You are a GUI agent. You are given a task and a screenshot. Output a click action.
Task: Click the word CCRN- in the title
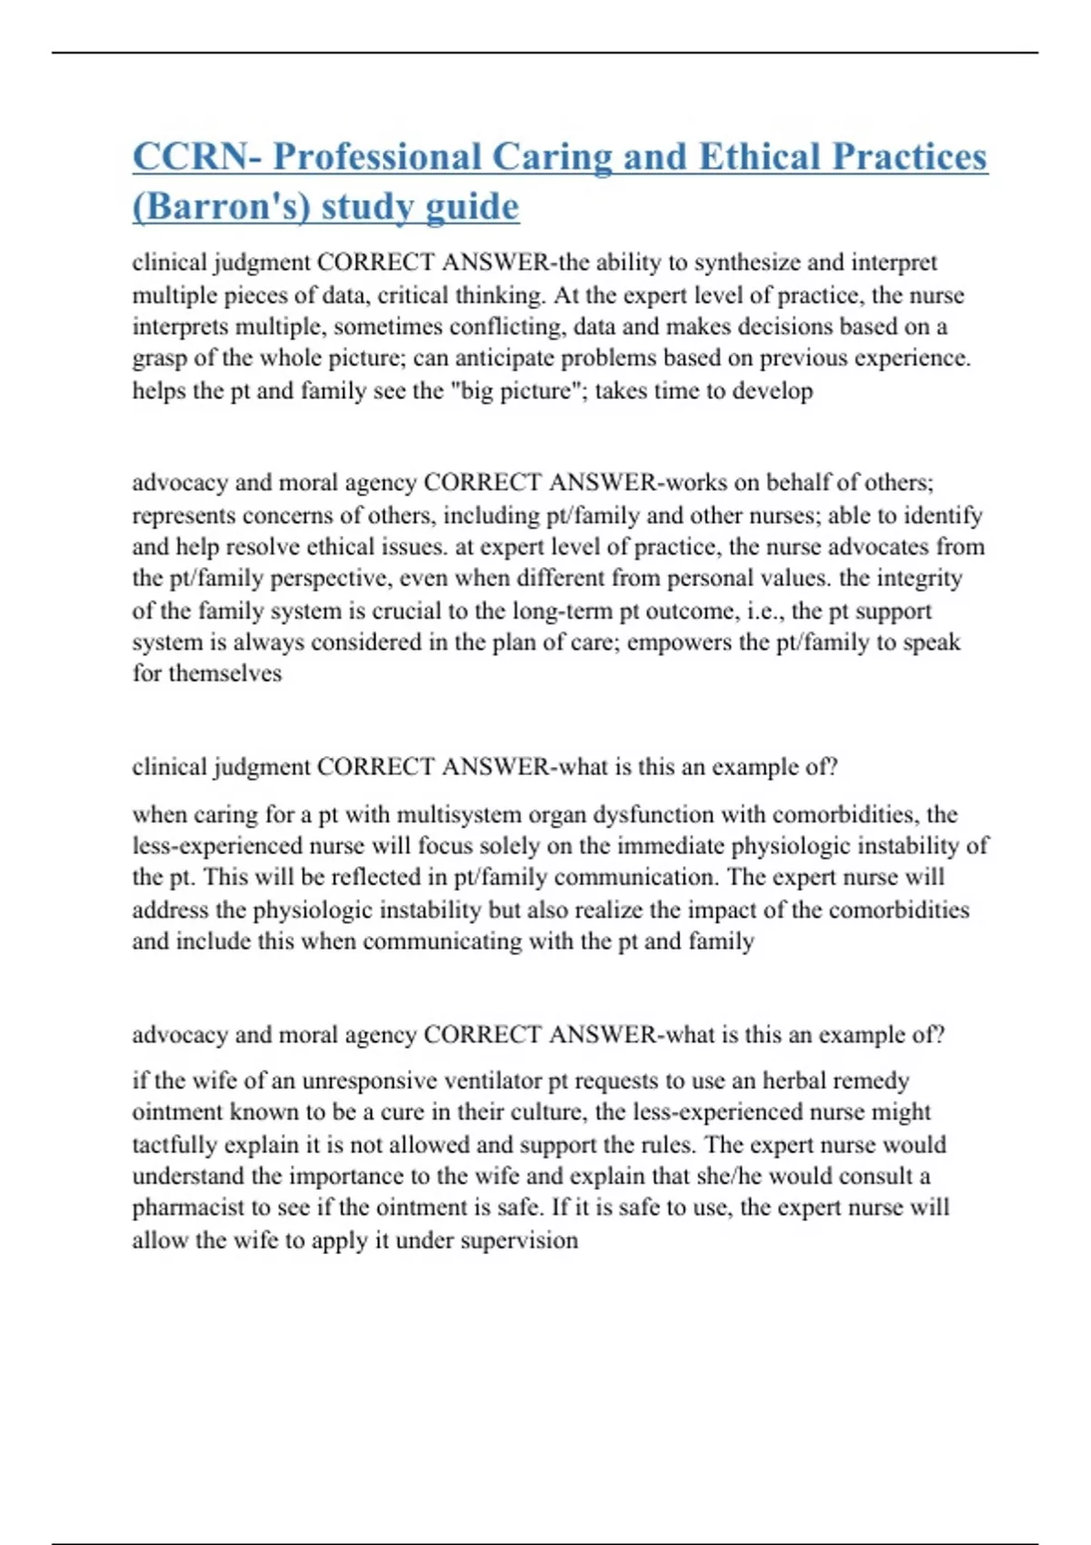(195, 156)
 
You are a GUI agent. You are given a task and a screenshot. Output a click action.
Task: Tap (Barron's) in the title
(221, 207)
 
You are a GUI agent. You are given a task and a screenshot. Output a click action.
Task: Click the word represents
(184, 515)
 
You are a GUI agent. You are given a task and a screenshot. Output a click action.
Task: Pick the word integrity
(918, 578)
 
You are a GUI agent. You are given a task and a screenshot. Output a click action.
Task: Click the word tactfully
(175, 1144)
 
